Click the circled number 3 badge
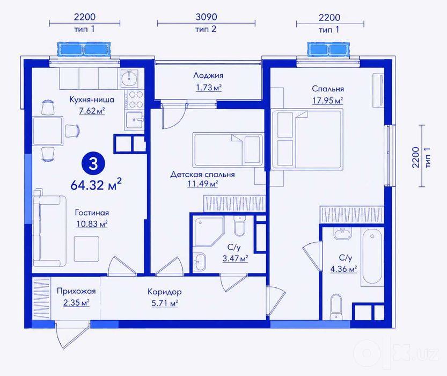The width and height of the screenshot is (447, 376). [93, 164]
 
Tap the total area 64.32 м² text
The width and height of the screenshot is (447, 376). [96, 185]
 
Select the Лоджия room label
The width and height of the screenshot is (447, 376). [208, 75]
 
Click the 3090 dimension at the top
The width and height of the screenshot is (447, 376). [206, 17]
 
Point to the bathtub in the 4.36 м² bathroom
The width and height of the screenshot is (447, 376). [372, 256]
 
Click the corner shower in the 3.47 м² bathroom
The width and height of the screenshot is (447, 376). [209, 232]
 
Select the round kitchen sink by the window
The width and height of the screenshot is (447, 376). [129, 78]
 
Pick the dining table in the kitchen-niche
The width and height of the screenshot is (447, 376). [48, 131]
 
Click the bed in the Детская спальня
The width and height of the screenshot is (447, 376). [228, 149]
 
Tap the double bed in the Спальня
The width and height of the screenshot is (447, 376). [307, 139]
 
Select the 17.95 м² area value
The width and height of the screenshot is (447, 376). [327, 100]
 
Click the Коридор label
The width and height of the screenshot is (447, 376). [165, 292]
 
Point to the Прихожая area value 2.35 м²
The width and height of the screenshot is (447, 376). [76, 302]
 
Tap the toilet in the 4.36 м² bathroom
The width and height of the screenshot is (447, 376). [336, 308]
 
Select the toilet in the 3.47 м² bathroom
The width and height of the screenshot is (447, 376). [239, 226]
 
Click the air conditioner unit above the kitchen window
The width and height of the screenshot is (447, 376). [84, 48]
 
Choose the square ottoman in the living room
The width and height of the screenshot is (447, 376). [87, 249]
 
